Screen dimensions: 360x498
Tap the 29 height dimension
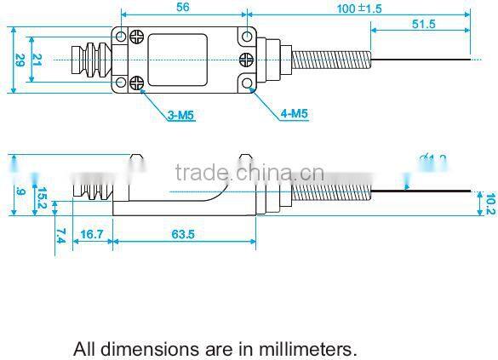[x=19, y=60]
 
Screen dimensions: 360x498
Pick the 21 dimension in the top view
[x=36, y=60]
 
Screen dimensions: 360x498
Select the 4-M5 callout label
[x=294, y=113]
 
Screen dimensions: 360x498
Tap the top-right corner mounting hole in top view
[x=247, y=36]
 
